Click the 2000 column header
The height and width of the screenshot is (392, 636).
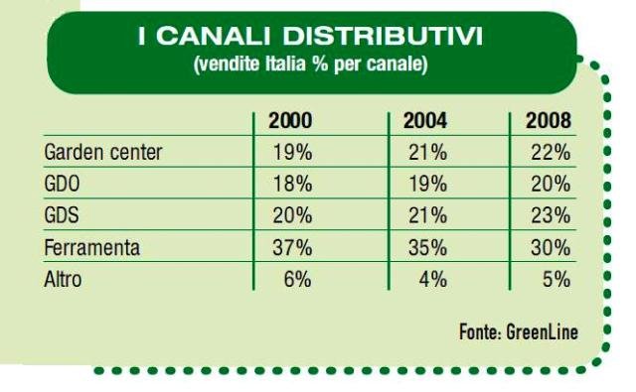290,121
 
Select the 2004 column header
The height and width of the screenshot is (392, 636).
425,121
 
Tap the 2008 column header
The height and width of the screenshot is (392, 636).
549,121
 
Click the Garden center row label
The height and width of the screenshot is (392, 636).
103,152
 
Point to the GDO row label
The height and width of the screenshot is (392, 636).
62,184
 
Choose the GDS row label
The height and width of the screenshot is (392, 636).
62,215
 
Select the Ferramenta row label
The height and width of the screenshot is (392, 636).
92,247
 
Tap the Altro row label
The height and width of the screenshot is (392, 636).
63,279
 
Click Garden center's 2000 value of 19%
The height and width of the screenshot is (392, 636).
292,153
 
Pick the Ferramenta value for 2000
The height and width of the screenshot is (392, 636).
292,247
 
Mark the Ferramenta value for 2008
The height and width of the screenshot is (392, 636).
551,247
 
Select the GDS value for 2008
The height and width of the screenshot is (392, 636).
551,215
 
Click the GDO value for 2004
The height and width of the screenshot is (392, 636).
427,185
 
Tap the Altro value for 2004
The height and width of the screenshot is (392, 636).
433,280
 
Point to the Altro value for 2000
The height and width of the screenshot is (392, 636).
298,280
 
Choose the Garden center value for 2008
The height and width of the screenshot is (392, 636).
551,153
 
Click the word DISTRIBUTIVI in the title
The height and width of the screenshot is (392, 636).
383,36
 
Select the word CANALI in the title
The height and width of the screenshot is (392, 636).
213,36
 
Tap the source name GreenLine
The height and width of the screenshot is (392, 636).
542,332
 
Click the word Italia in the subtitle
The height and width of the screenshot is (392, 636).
285,64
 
